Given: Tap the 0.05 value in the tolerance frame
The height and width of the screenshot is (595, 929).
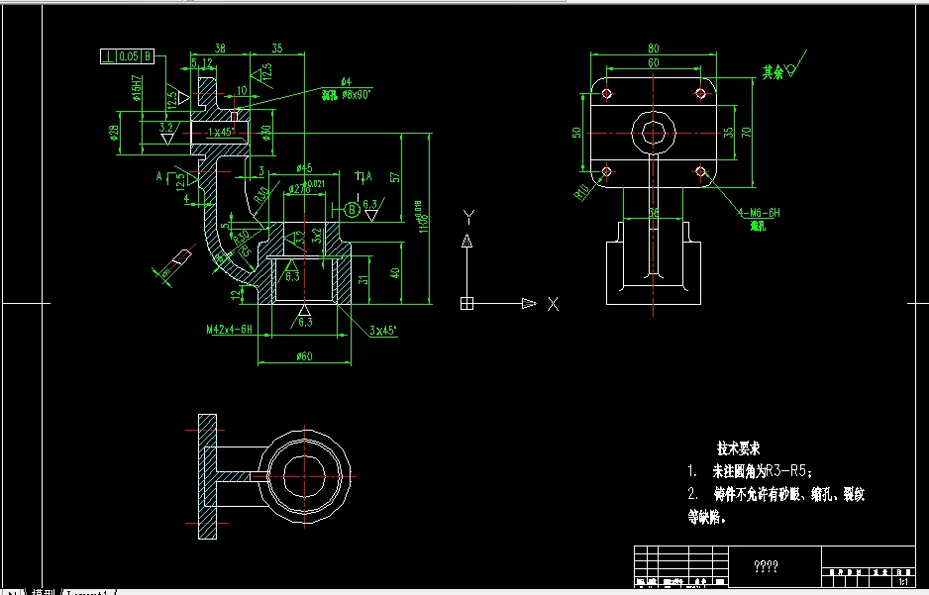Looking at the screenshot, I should point(128,56).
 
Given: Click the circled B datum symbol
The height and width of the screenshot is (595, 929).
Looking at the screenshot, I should point(352,209).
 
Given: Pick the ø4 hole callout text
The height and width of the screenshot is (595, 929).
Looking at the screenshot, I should point(346,80).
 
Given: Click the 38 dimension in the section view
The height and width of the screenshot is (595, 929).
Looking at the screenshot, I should point(219,48).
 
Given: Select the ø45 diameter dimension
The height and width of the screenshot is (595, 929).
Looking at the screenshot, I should point(304,168).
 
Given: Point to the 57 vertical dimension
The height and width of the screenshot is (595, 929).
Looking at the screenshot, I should point(394,177).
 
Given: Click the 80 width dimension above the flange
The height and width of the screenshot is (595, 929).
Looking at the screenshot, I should point(654,48).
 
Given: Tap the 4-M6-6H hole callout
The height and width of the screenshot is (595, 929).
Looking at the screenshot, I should point(760,213).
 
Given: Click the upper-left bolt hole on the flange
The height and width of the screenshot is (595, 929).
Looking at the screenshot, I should point(607,93).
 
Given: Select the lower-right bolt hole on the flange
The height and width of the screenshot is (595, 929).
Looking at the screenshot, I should point(700,172).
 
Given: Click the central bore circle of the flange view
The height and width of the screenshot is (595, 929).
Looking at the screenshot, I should point(653,132).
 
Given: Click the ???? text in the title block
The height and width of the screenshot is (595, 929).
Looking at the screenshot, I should point(766,567).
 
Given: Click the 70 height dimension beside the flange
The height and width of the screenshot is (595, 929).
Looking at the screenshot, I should point(748,130).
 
